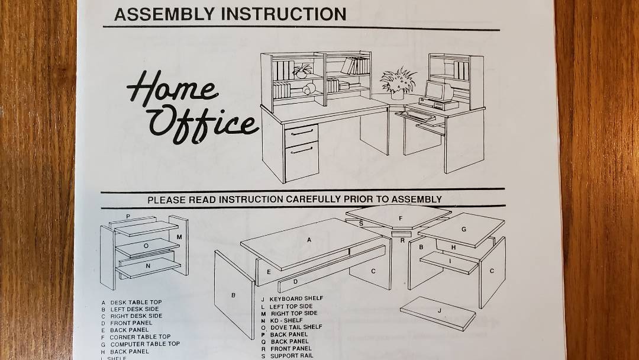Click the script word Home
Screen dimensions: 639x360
point(171,87)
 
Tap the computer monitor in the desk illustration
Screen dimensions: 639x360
point(438,91)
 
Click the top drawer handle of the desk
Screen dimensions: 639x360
point(301,133)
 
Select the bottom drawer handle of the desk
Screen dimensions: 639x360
point(302,150)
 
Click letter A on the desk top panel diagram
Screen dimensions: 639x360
point(309,240)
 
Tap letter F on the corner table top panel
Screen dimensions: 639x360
point(400,218)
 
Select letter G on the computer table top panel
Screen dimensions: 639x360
point(463,230)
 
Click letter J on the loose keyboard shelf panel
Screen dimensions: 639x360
point(439,310)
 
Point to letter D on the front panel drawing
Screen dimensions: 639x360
point(295,281)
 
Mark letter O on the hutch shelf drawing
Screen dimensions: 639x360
point(146,246)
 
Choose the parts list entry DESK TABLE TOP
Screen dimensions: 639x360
point(136,303)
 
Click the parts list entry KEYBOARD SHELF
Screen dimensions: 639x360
point(296,299)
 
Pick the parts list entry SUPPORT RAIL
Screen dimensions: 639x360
point(292,355)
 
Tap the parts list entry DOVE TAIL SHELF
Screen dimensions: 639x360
point(296,327)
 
